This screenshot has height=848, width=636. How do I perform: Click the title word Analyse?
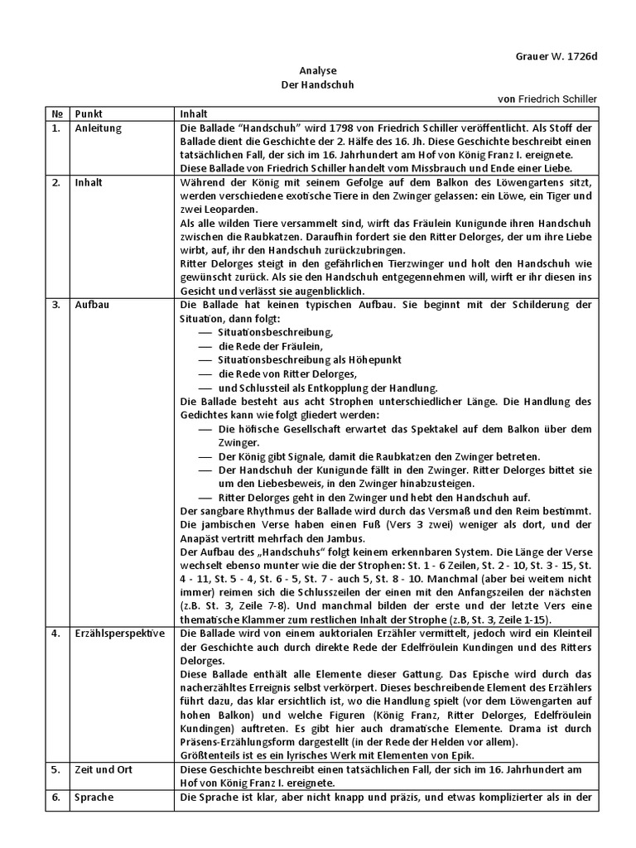click(x=317, y=71)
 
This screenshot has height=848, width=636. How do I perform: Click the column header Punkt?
click(x=89, y=113)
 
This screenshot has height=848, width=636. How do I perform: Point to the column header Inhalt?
click(x=194, y=113)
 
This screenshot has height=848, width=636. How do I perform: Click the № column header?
click(x=56, y=113)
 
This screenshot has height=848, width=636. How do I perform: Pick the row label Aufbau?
click(x=91, y=304)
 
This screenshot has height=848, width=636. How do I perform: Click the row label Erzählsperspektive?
click(x=119, y=634)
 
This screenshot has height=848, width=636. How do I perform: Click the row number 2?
click(x=55, y=182)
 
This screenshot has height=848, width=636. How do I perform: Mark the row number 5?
click(x=55, y=768)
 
